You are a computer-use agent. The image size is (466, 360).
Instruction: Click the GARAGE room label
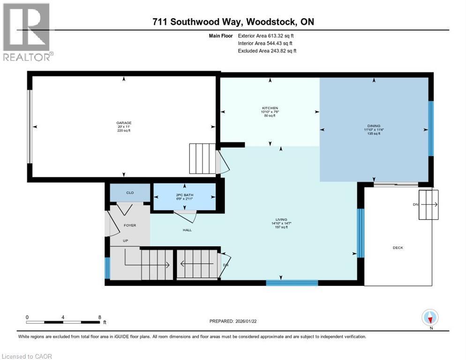(x=124, y=123)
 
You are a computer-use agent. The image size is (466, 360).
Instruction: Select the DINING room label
(x=374, y=126)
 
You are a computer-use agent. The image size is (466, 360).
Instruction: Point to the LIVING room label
(x=281, y=220)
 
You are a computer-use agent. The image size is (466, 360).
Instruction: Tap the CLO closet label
(x=130, y=193)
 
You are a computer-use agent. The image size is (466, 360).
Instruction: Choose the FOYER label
(x=129, y=225)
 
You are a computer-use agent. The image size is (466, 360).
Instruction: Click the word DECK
(x=398, y=248)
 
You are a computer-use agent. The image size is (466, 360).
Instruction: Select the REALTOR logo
(x=27, y=32)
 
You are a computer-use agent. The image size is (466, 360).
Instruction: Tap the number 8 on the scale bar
(x=99, y=317)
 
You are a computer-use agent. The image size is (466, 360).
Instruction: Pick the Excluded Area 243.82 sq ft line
(x=267, y=51)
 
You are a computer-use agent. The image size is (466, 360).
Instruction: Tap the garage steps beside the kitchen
(x=202, y=158)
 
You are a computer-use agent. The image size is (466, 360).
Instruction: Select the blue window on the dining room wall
(x=431, y=128)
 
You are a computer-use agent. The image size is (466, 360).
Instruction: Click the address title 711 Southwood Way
(x=233, y=22)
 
